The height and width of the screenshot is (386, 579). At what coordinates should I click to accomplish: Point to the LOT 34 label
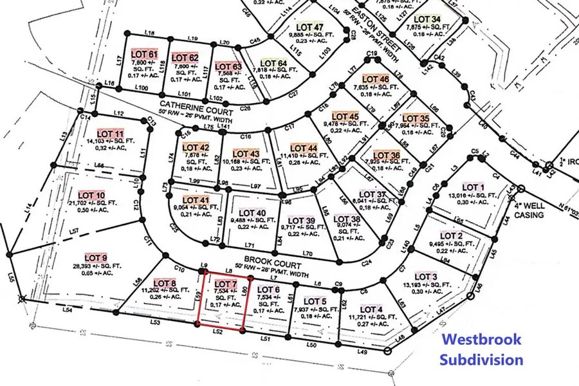428,19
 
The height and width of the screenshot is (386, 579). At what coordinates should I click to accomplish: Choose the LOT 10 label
91,195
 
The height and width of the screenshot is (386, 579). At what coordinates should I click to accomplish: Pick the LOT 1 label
475,187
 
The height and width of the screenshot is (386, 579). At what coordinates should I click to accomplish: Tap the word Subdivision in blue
481,359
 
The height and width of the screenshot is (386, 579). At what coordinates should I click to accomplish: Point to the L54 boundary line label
68,310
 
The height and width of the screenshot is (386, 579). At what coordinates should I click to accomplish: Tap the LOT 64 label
275,63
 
